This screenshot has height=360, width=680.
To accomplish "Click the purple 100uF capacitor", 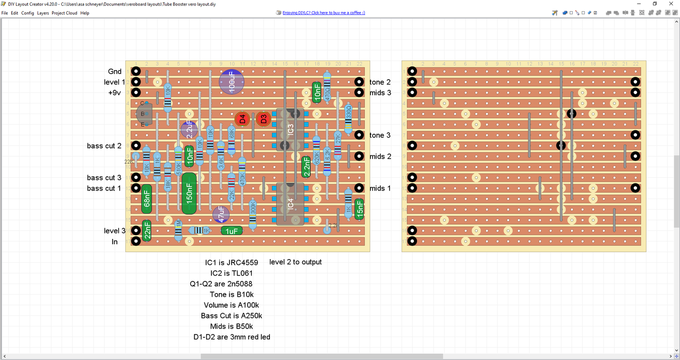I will click(232, 82).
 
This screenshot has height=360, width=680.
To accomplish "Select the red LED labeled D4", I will click(242, 119).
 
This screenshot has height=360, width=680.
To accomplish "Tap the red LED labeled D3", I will click(263, 119).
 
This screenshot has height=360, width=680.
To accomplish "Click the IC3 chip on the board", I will click(290, 130).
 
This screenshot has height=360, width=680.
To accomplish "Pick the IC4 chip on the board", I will click(290, 204).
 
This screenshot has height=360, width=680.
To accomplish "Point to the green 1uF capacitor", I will click(232, 231).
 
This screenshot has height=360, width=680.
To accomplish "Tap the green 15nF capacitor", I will click(359, 209).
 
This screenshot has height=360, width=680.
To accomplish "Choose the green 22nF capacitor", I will click(147, 231).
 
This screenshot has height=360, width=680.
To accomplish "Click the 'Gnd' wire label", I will click(115, 72).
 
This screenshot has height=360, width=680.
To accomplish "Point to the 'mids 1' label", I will click(380, 188).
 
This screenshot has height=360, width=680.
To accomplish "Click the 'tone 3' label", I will click(380, 135).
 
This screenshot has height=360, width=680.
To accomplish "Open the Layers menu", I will click(43, 13).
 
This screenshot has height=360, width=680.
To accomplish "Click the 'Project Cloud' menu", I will click(64, 13).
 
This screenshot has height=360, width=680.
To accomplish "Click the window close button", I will click(670, 4).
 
